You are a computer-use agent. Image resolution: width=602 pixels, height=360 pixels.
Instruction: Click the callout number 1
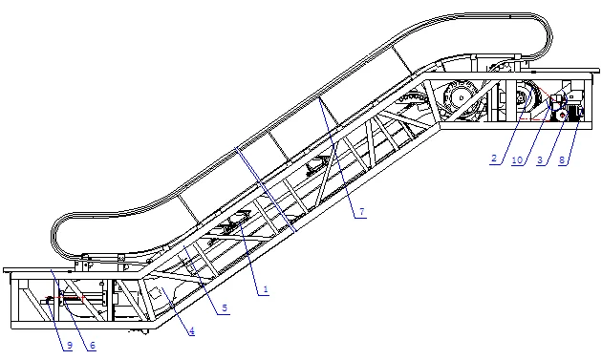(266, 286)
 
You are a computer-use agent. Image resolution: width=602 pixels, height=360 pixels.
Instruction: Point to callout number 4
(191, 331)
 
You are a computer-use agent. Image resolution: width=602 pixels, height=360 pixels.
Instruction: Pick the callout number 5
(225, 308)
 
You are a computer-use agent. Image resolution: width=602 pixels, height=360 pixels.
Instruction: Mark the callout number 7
(361, 214)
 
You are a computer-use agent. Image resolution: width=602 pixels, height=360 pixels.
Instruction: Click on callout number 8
(563, 159)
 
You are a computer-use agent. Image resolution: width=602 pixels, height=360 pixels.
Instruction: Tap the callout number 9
(69, 346)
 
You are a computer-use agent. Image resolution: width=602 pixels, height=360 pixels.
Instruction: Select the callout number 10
(517, 159)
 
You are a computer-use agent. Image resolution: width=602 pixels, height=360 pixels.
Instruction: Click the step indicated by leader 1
(232, 226)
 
